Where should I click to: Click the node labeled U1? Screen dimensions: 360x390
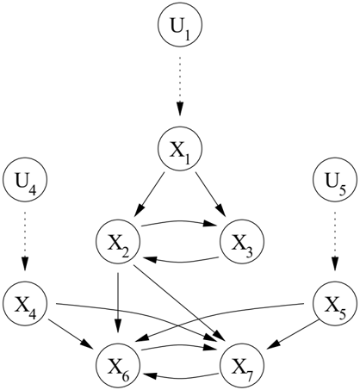pos(180,25)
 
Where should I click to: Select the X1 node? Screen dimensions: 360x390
pos(180,149)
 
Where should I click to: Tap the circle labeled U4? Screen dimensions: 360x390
pos(25,180)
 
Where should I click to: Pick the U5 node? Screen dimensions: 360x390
pos(335,180)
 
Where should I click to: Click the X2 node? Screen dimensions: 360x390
pos(118,242)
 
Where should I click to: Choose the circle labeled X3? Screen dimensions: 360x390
pos(242,242)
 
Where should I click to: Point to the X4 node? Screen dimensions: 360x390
pos(25,304)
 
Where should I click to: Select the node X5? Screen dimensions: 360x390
pos(335,304)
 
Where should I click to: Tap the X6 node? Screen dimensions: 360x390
pos(118,366)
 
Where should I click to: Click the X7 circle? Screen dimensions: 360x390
pos(242,366)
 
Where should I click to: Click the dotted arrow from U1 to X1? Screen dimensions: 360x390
pos(180,86)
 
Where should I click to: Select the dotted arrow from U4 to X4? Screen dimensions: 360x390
pos(25,241)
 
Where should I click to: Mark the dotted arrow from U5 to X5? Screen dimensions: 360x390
pos(335,241)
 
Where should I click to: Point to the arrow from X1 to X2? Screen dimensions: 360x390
pos(149,194)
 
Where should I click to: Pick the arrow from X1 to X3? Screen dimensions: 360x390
pos(211,194)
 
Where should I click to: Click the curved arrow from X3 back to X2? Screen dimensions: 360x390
pos(180,261)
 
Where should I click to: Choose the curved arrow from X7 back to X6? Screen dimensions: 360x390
pos(180,376)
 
